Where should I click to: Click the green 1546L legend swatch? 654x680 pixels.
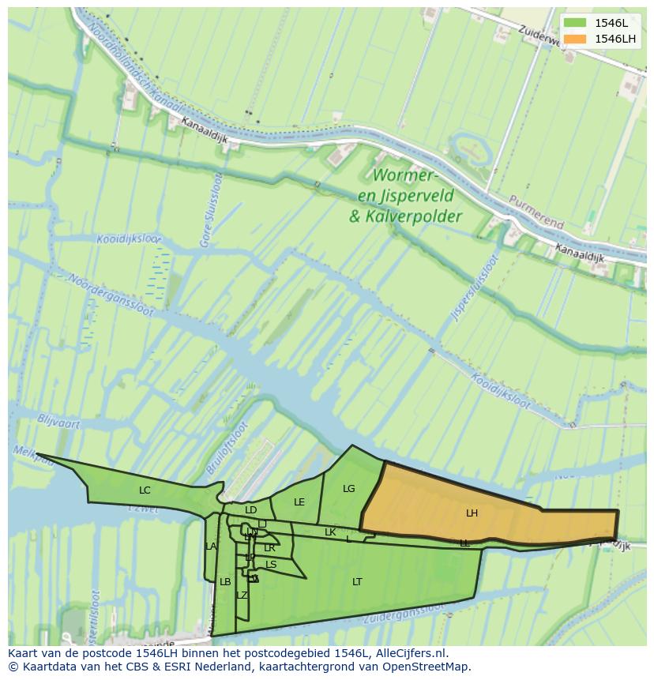[574, 22]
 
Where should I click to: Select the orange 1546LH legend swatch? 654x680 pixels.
[574, 39]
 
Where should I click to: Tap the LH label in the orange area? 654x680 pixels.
[472, 513]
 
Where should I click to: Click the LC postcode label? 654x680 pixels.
[145, 490]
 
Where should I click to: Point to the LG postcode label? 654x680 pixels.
[349, 489]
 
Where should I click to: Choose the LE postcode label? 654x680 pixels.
[299, 502]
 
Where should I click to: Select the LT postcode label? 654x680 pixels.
[357, 582]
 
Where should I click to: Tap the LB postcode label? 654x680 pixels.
[225, 582]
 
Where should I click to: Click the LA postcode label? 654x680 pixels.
[211, 547]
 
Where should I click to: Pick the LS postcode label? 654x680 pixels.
[271, 565]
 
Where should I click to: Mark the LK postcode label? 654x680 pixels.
[330, 532]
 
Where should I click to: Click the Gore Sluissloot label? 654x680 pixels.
[212, 210]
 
